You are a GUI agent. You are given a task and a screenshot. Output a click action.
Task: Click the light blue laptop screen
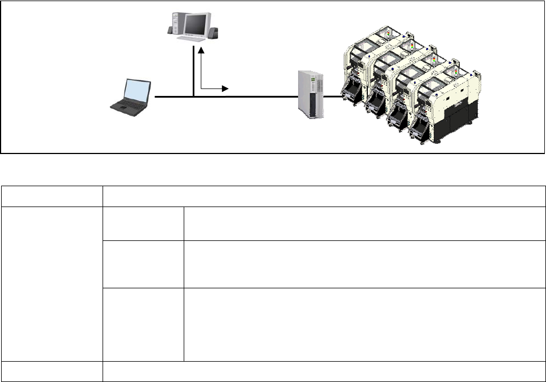(x=137, y=92)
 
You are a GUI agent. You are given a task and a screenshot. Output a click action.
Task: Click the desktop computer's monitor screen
(x=196, y=24)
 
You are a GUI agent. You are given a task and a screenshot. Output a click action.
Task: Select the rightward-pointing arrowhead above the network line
(x=225, y=89)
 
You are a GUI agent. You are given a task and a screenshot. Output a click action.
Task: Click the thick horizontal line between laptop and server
(x=248, y=97)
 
